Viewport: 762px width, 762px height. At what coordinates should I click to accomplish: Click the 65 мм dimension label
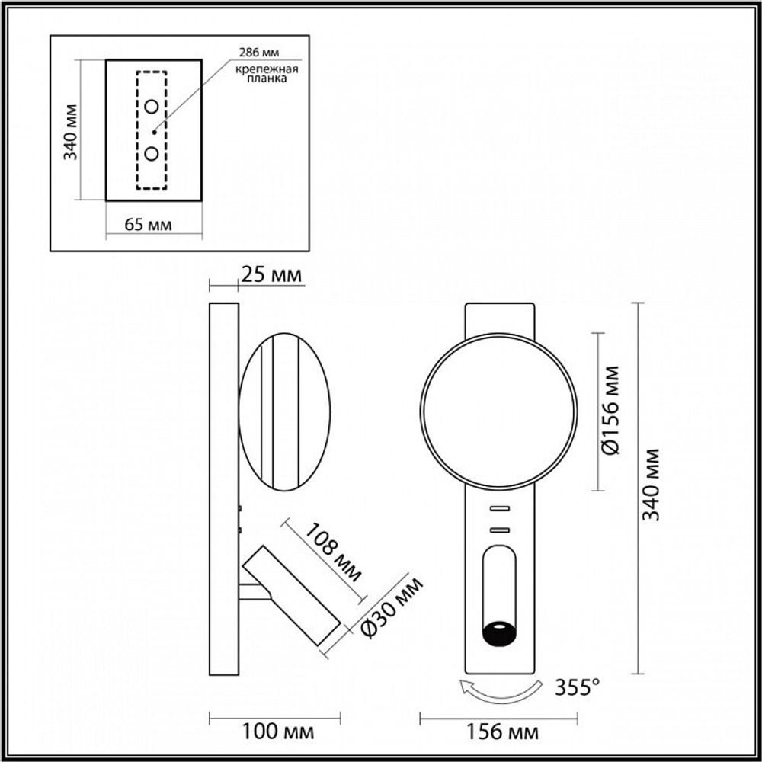(x=147, y=225)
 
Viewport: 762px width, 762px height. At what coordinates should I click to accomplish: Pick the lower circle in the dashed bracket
(x=152, y=154)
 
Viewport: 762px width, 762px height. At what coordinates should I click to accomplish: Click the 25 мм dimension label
(x=271, y=274)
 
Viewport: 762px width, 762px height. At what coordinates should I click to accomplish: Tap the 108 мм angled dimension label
(x=333, y=552)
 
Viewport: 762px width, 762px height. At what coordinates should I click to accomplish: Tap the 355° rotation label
(x=574, y=688)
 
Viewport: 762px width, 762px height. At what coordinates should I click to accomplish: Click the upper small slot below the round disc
(x=499, y=508)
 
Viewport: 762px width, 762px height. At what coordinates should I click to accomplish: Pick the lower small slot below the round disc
(x=499, y=529)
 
